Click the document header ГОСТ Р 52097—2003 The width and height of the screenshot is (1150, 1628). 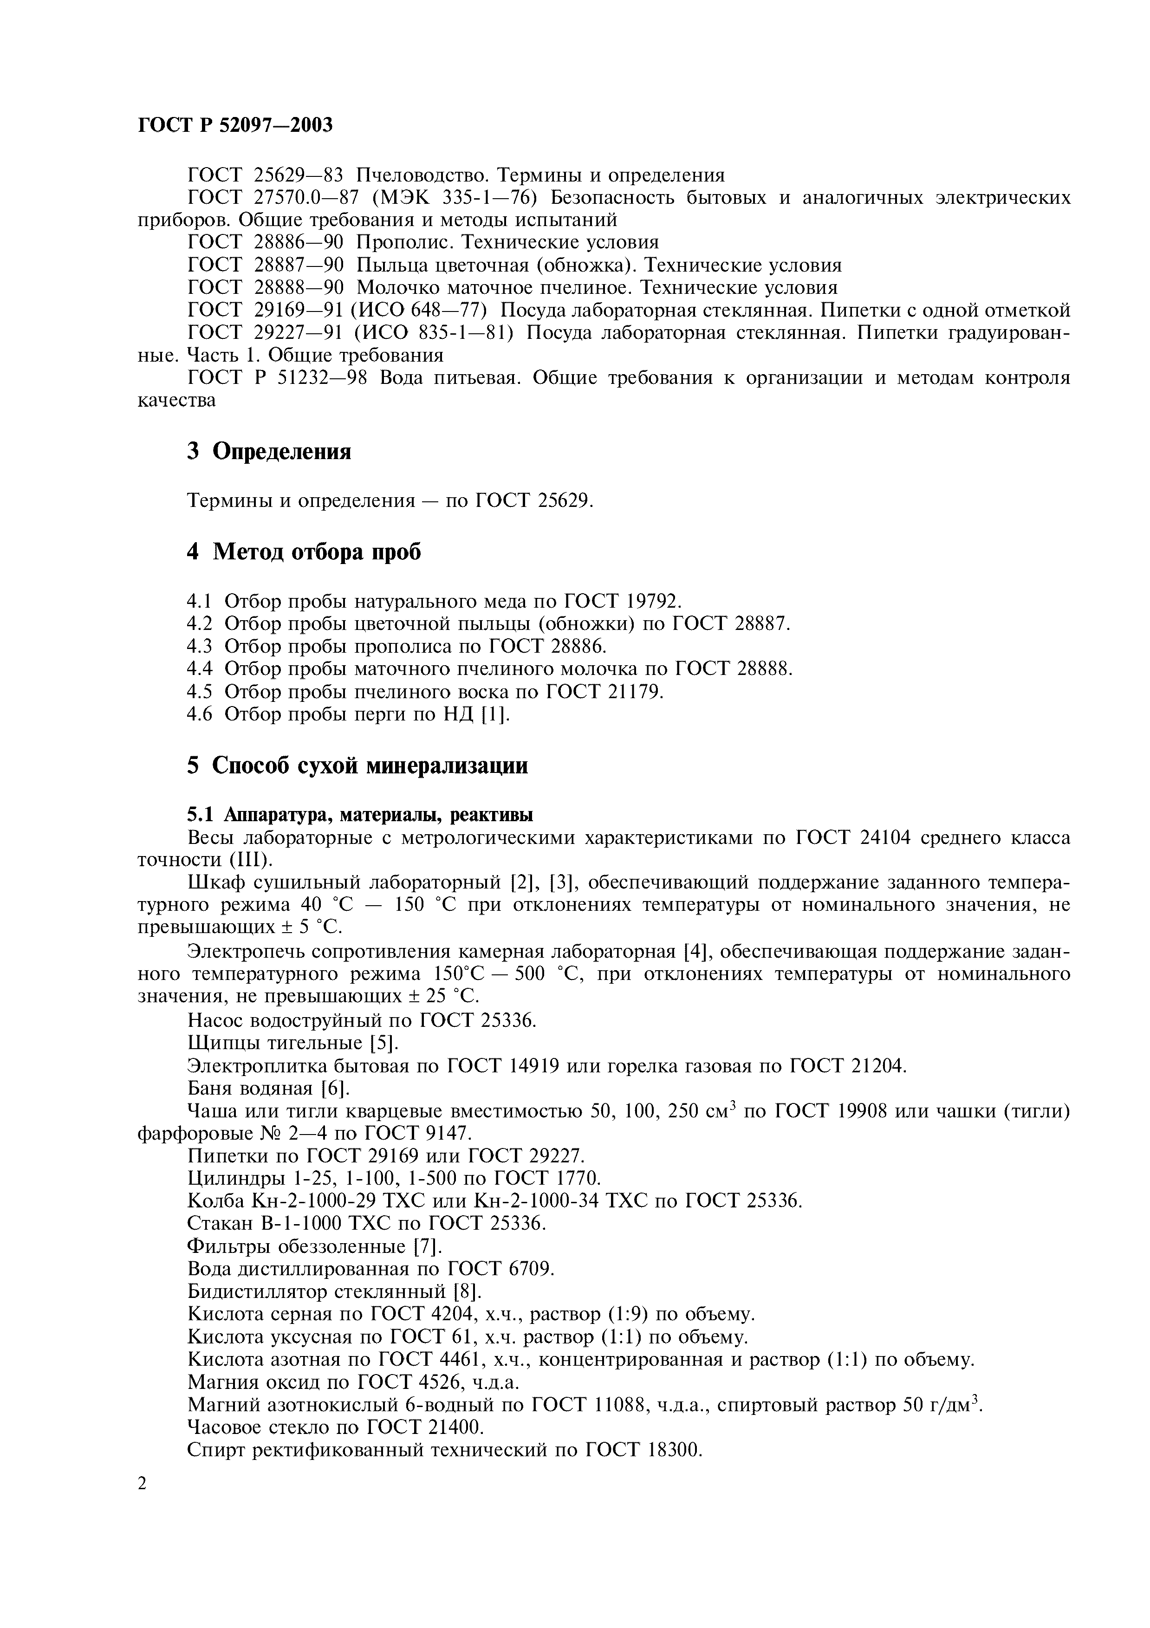[x=234, y=125]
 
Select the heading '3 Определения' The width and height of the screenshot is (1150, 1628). [x=269, y=451]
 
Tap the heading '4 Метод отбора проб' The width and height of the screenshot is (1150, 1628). [x=304, y=551]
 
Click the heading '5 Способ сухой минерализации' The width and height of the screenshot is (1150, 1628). [x=357, y=766]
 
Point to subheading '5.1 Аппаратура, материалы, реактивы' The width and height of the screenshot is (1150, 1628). [x=360, y=814]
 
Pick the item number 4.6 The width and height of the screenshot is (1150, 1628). [x=199, y=715]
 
